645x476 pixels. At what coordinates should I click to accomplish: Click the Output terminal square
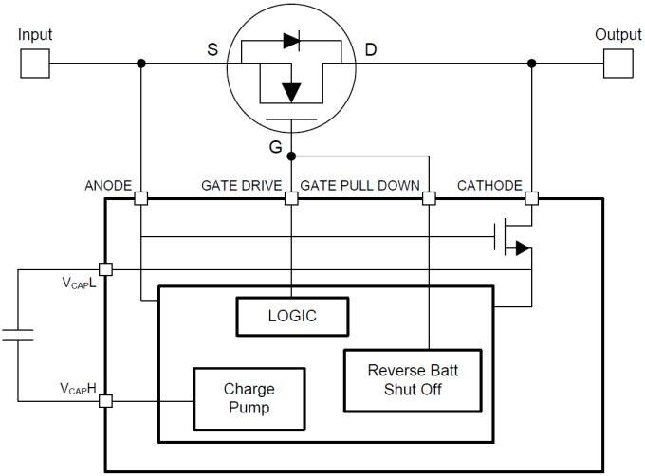616,64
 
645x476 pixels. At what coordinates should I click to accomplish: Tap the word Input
35,35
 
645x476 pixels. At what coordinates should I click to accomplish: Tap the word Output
617,35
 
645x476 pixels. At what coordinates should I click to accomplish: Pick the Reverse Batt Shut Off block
412,380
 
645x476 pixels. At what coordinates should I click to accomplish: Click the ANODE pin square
140,198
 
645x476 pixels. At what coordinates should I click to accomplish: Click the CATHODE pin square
532,198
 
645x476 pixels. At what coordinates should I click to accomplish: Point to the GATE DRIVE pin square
292,198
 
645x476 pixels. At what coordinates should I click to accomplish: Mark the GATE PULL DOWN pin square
428,198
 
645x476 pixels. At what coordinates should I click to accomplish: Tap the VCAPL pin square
104,269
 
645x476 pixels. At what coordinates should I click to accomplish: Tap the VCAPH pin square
104,401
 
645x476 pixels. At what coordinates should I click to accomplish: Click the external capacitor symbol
17,334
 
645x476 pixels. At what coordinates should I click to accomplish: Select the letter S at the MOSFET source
212,48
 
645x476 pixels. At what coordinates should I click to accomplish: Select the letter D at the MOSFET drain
370,48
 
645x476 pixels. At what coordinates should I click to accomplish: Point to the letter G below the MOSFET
276,147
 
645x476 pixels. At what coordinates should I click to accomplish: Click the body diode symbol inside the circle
291,42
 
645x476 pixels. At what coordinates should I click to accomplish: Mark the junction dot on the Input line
140,64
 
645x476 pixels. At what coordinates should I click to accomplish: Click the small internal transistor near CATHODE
512,240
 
